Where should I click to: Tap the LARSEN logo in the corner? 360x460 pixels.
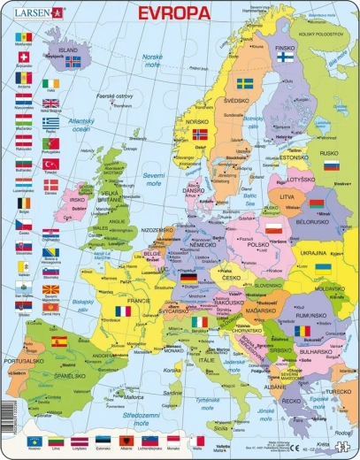pyautogui.click(x=40, y=12)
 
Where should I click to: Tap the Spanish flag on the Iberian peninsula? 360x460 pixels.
pyautogui.click(x=58, y=341)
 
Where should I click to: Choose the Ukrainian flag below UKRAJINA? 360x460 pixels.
pyautogui.click(x=324, y=266)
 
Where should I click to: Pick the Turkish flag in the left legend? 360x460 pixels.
pyautogui.click(x=50, y=165)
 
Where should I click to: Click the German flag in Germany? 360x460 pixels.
pyautogui.click(x=188, y=278)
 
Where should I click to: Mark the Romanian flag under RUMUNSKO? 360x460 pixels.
pyautogui.click(x=303, y=330)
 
